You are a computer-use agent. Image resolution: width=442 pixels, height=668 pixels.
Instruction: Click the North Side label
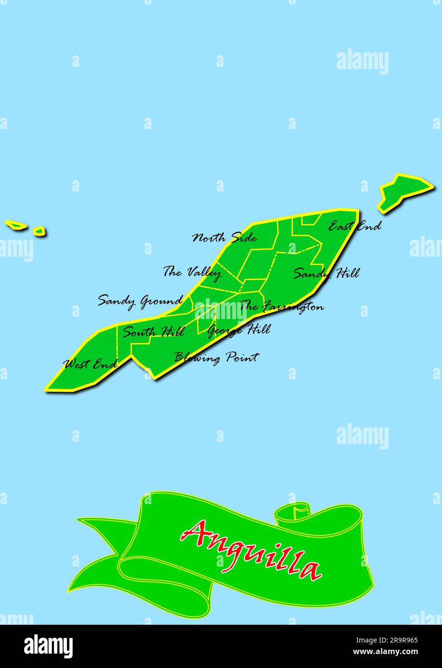tap(224, 237)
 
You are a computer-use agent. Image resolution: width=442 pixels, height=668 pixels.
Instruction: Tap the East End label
tap(354, 226)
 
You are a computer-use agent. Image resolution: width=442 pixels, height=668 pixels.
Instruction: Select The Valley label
tap(191, 272)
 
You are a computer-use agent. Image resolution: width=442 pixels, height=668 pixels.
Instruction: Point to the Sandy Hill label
tap(326, 273)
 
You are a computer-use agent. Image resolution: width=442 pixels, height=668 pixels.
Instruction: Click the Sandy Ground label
tap(140, 301)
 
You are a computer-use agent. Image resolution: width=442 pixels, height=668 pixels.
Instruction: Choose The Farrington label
tap(281, 306)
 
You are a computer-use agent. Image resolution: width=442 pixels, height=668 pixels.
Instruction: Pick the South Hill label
tap(153, 332)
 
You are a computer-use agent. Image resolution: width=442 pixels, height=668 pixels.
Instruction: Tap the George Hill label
tap(239, 330)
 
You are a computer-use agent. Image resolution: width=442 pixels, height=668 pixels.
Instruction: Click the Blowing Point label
tap(216, 358)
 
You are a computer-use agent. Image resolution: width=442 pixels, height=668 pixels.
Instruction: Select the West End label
tap(90, 364)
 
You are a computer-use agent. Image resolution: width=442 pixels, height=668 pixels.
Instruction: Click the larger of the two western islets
tap(16, 224)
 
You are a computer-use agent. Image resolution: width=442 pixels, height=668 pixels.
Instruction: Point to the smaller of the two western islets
tap(39, 232)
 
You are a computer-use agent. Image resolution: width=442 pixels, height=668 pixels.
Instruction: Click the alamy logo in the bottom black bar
tap(48, 646)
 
